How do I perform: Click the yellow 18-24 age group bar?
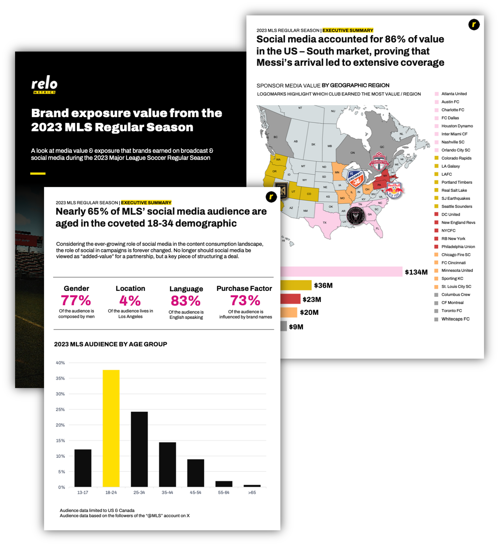pos(111,428)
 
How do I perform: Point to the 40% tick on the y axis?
pos(60,363)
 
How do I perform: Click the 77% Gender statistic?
pos(76,300)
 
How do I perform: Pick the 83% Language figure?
pos(186,301)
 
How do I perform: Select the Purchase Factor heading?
pos(244,288)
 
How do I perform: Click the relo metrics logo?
pos(44,85)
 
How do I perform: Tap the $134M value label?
pos(416,272)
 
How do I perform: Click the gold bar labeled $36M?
pos(296,285)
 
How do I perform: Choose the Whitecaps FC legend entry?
pos(455,319)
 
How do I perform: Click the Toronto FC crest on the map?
pos(379,161)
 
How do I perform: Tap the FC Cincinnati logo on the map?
pos(355,179)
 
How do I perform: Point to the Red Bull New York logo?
pos(394,190)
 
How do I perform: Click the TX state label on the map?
pos(325,223)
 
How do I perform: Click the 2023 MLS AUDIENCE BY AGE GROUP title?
pos(110,344)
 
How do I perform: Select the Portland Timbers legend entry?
pos(457,182)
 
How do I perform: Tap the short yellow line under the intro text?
pos(38,174)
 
